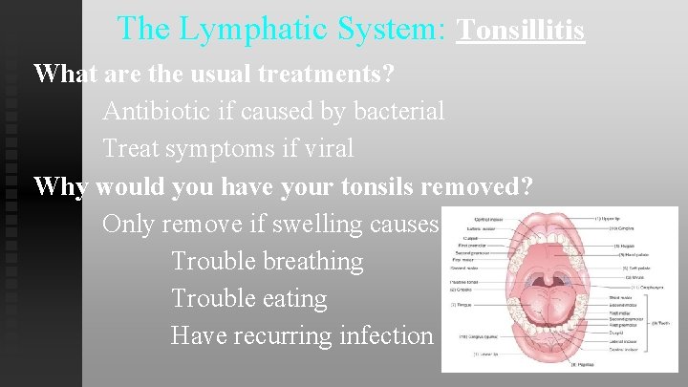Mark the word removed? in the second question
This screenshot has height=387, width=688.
point(477,186)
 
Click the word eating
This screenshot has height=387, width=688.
point(290,298)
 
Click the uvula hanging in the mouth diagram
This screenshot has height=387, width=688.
point(556,274)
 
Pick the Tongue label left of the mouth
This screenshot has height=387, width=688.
point(462,304)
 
